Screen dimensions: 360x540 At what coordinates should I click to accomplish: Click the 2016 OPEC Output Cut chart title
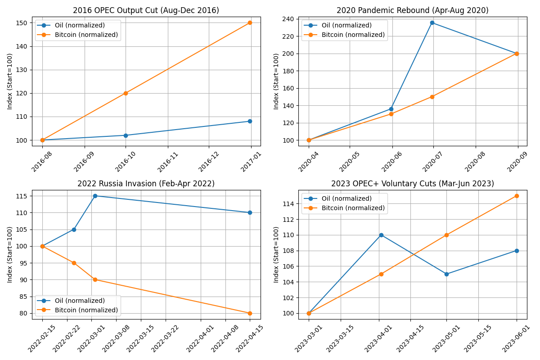pyautogui.click(x=146, y=10)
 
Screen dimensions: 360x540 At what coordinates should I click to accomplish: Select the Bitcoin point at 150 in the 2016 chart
pyautogui.click(x=250, y=22)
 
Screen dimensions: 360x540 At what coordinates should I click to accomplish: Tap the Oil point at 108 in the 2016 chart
pyautogui.click(x=250, y=121)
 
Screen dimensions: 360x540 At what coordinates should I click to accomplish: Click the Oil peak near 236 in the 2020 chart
pyautogui.click(x=432, y=22)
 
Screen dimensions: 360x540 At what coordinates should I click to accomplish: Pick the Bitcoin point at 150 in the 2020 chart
pyautogui.click(x=432, y=97)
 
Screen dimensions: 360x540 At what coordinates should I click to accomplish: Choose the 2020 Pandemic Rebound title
pyautogui.click(x=412, y=10)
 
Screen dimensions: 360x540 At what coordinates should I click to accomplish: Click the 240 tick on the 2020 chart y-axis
pyautogui.click(x=288, y=19)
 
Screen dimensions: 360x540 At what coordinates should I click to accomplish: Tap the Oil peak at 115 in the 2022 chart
pyautogui.click(x=95, y=196)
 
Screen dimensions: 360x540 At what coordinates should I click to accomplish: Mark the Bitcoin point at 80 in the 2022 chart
pyautogui.click(x=250, y=313)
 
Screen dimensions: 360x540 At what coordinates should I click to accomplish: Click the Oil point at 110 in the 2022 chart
pyautogui.click(x=250, y=212)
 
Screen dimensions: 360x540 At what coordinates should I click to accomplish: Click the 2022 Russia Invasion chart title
pyautogui.click(x=146, y=184)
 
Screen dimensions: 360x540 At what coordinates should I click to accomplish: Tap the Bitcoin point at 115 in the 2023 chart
pyautogui.click(x=517, y=196)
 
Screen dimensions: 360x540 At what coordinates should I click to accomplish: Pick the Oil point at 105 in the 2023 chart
pyautogui.click(x=446, y=274)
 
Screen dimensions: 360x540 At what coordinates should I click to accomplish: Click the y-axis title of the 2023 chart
pyautogui.click(x=276, y=254)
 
